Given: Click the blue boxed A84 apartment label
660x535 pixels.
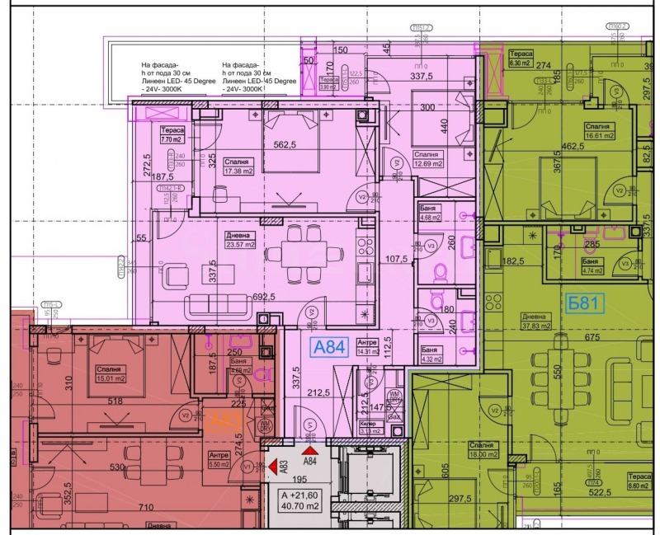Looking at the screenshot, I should pyautogui.click(x=327, y=348).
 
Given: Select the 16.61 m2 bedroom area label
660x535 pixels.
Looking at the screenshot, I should pyautogui.click(x=578, y=138).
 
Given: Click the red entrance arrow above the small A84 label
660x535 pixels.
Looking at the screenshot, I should pyautogui.click(x=310, y=450).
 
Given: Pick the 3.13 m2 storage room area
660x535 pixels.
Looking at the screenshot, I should pyautogui.click(x=369, y=429).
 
